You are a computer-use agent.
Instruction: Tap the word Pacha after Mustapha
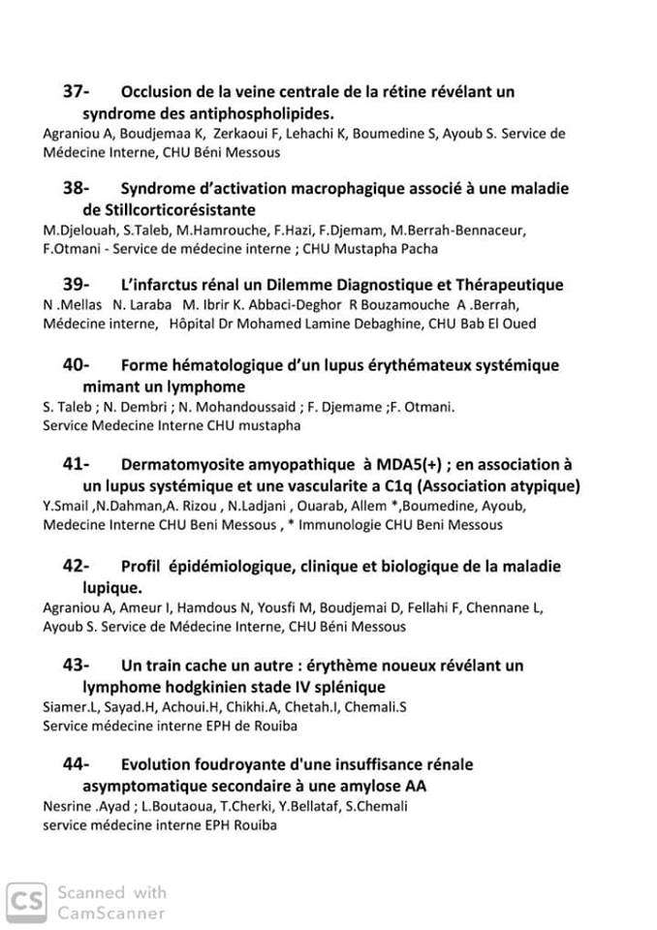pos(419,249)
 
